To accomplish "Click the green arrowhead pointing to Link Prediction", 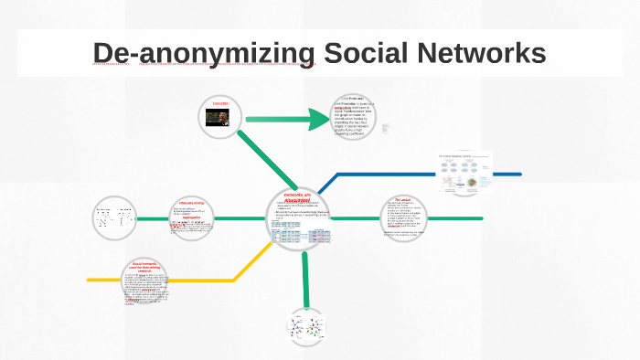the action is [320, 119].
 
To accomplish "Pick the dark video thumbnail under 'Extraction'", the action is [221, 122].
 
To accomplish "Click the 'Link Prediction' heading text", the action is [353, 98].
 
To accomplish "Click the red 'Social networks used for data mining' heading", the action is [146, 266].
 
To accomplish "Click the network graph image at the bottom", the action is [306, 327].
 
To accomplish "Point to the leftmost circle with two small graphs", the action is [114, 218].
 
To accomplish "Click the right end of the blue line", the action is [519, 174].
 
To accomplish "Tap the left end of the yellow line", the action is [90, 280].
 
